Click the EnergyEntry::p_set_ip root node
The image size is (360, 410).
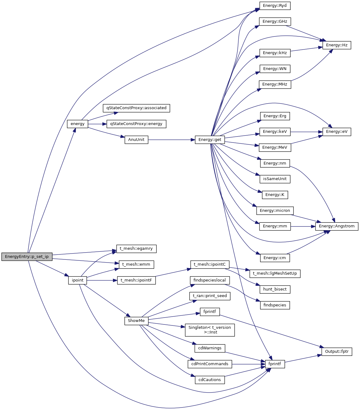tap(27, 257)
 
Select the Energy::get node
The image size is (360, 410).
tap(210, 140)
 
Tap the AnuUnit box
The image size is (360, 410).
tap(136, 140)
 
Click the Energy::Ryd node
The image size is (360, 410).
tap(275, 6)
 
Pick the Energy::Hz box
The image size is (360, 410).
tap(337, 45)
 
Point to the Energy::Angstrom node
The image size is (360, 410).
tap(337, 226)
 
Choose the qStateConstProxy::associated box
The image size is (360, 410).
tap(136, 108)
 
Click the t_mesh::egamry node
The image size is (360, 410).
tap(136, 249)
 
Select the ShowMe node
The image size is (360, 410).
tap(136, 321)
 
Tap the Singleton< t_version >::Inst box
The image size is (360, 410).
tap(210, 330)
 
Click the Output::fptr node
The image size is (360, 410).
tap(337, 352)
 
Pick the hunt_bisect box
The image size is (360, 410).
tap(275, 289)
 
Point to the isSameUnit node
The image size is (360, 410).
tap(275, 179)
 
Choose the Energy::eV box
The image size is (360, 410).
tap(337, 132)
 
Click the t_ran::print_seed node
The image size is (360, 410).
tap(210, 296)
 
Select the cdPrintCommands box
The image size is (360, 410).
tap(210, 364)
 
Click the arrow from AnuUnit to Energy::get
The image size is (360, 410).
tap(171, 140)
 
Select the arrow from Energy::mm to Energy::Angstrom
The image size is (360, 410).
tap(303, 226)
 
